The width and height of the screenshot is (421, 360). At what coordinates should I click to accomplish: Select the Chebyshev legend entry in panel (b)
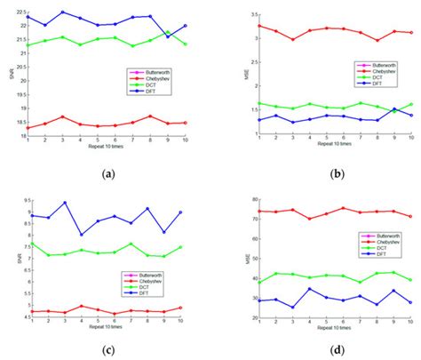pos(378,72)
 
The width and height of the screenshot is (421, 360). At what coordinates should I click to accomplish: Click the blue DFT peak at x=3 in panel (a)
pos(63,12)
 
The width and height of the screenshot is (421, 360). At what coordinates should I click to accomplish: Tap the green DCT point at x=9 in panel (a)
pos(168,33)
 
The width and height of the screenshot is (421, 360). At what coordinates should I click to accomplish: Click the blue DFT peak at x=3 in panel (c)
pos(64,203)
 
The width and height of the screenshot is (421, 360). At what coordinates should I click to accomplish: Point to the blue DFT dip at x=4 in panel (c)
pos(81,235)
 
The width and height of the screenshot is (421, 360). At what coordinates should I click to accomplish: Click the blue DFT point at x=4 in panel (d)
pos(309,288)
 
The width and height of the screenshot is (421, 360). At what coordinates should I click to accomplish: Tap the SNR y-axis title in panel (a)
pos(7,76)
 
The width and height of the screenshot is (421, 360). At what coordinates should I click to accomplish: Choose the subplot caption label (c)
pos(107,350)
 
